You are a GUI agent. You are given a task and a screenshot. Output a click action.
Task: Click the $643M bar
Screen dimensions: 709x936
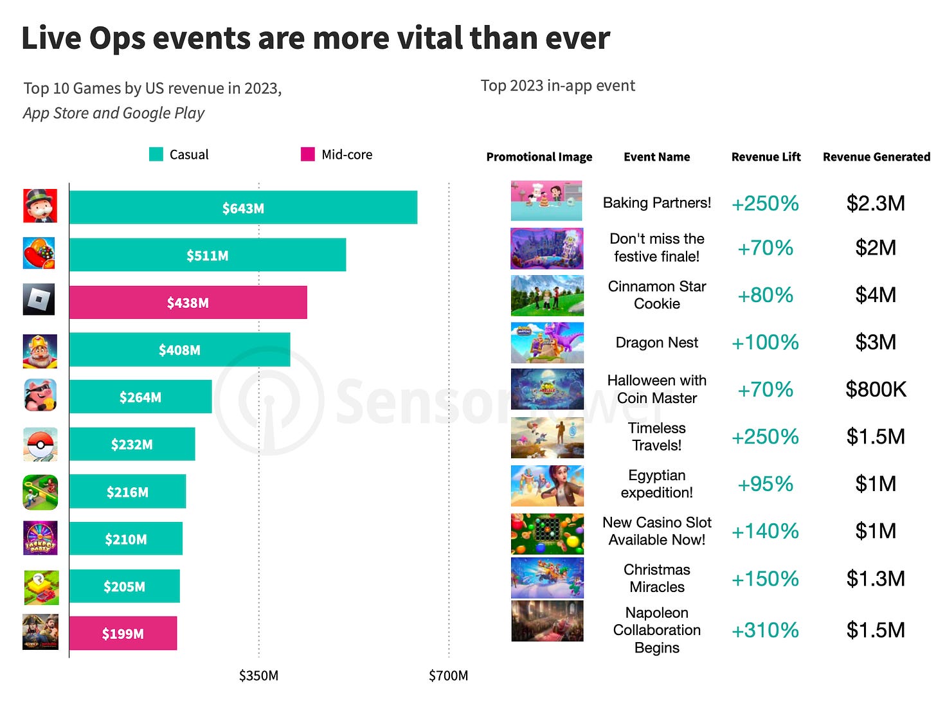243,208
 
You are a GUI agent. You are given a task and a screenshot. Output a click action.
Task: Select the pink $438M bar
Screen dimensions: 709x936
188,303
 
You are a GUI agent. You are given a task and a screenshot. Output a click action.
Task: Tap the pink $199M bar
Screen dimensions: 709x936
123,633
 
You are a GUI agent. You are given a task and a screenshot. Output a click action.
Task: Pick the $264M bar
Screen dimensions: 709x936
140,397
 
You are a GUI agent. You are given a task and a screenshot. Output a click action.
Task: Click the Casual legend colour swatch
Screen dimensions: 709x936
156,154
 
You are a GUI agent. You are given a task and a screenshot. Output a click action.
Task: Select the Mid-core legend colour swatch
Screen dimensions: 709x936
308,154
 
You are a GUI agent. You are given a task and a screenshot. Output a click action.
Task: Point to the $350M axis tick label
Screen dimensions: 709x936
258,676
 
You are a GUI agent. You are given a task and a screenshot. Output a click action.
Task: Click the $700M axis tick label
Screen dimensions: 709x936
448,676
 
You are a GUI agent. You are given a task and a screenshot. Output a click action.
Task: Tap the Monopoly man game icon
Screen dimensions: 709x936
40,206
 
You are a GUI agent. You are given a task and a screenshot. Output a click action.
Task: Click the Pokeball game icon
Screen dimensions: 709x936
40,444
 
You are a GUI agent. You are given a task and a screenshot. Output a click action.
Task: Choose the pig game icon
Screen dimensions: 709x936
40,395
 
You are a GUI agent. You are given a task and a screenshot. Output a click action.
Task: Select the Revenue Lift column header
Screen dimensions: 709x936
766,157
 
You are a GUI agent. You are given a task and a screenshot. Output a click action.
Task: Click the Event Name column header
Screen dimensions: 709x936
656,157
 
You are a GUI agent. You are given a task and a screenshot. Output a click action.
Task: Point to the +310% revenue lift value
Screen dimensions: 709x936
765,630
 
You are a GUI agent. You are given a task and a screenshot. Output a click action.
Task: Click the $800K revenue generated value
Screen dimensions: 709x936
876,389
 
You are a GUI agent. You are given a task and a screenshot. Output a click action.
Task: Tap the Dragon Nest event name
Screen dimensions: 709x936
656,343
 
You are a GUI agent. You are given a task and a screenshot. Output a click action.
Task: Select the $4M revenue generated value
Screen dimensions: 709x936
876,295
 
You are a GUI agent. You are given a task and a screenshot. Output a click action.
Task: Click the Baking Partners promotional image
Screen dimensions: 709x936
546,201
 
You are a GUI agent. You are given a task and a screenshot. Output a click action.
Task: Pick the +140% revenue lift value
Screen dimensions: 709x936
765,531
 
